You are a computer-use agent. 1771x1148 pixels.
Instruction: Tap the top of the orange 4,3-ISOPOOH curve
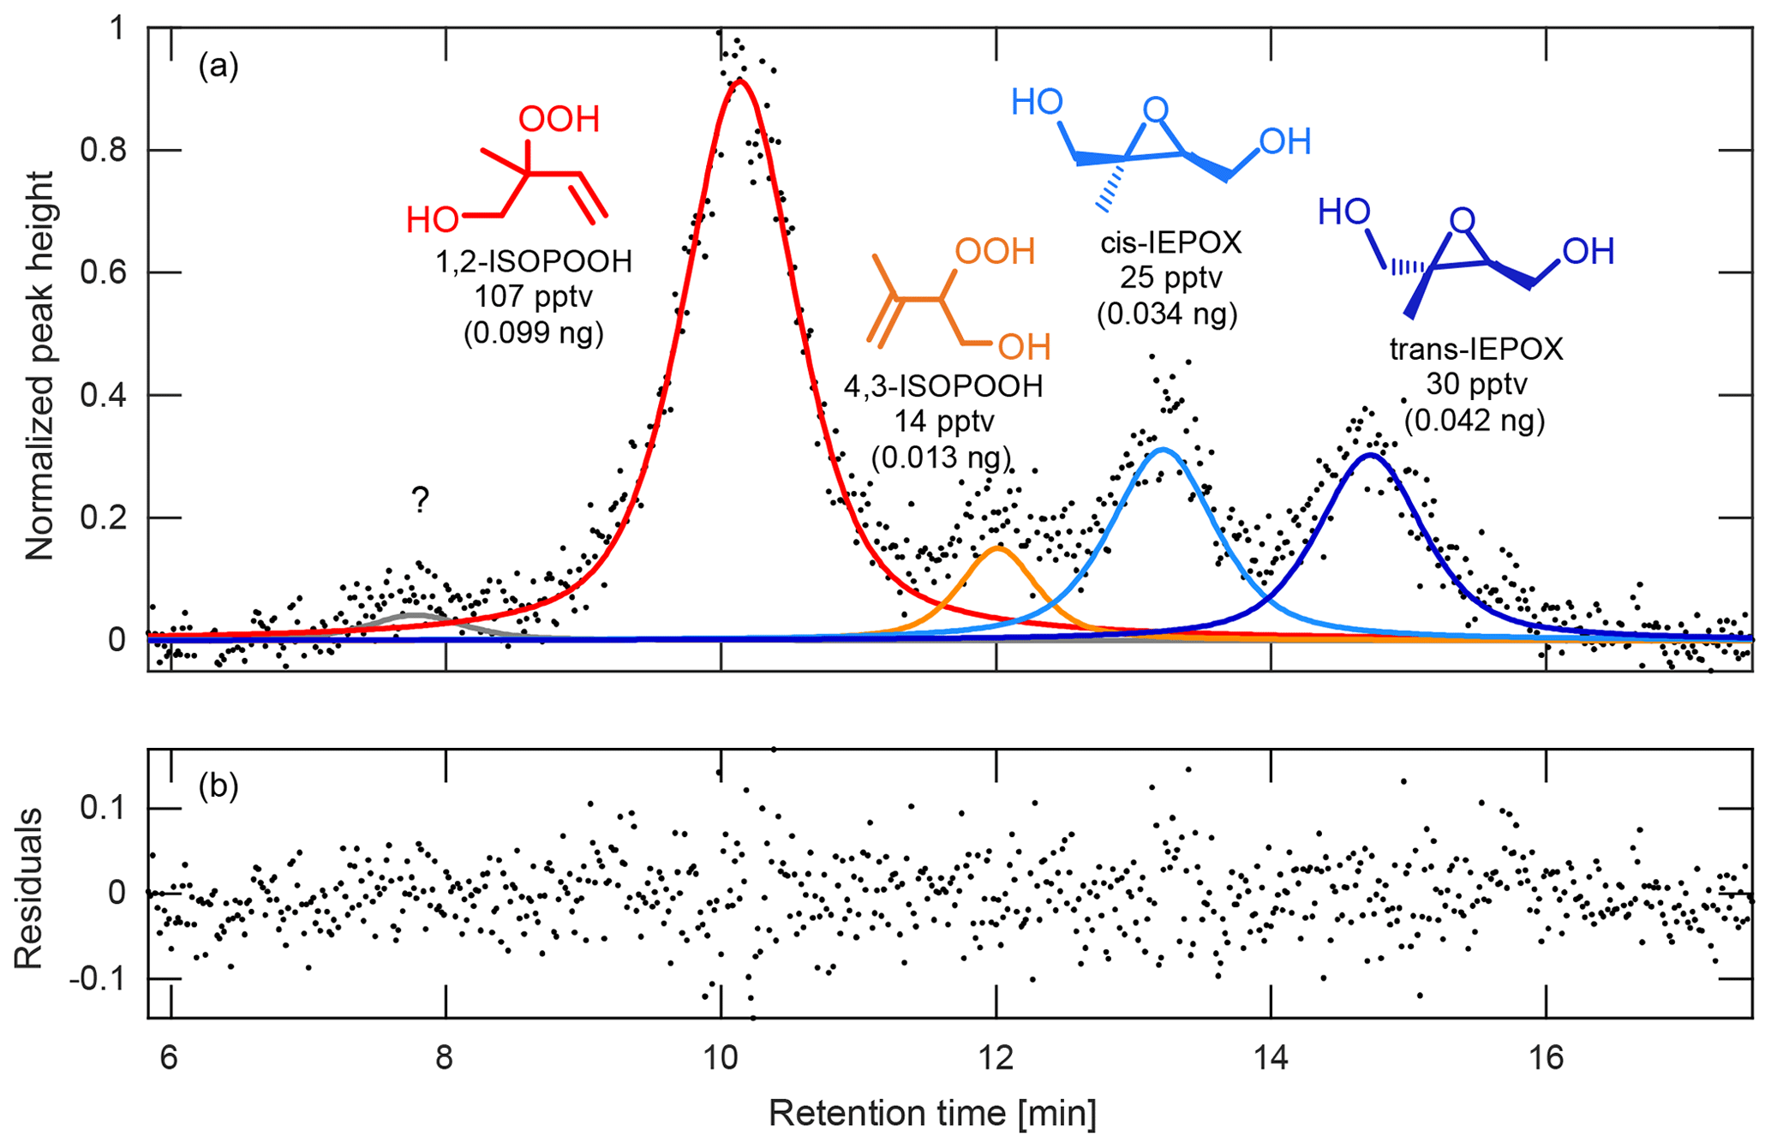point(996,547)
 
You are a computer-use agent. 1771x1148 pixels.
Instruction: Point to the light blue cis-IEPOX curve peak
point(1162,449)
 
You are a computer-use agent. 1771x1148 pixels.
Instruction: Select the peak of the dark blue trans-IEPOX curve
point(1371,455)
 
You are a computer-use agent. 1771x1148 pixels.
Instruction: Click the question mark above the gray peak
point(420,499)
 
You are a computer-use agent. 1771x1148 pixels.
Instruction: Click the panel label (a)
point(218,65)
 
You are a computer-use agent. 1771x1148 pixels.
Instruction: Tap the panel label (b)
point(218,785)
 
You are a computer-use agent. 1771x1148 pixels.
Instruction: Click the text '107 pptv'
point(533,296)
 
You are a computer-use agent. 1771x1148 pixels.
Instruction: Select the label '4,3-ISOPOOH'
point(943,386)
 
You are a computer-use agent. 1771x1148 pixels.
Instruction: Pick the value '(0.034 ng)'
point(1167,314)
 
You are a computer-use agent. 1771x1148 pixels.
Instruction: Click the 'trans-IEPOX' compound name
point(1475,349)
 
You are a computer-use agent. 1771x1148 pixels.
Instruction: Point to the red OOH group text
point(559,120)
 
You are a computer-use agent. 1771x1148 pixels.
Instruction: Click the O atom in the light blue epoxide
point(1155,110)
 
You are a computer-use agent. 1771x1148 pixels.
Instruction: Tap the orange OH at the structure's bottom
point(1025,347)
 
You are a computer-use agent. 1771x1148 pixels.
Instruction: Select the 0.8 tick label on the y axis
point(103,151)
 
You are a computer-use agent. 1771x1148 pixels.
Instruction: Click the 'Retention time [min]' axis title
point(932,1113)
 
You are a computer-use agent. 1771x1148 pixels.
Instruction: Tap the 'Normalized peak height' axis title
point(39,366)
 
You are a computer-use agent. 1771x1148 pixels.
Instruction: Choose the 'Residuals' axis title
point(29,888)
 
